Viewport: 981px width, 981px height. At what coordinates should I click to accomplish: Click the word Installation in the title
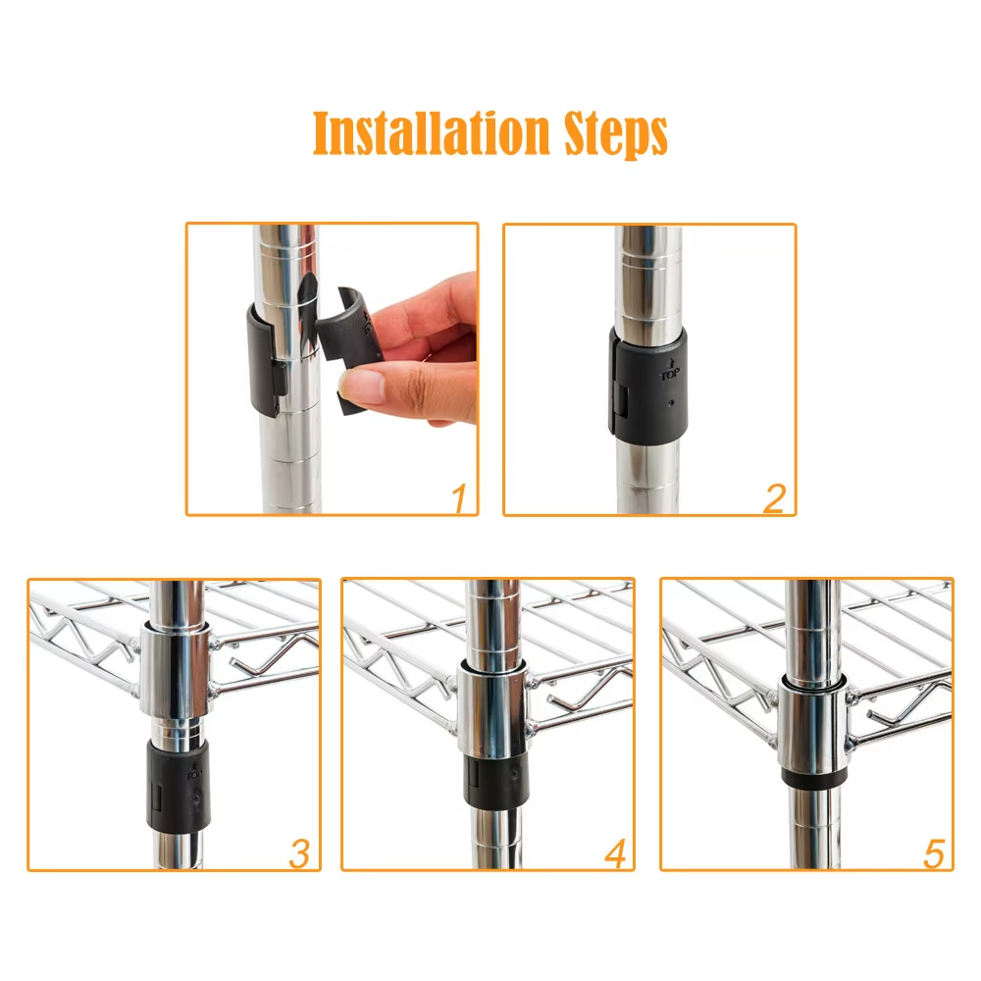click(x=431, y=132)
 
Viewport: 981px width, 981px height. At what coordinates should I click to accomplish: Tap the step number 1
click(x=460, y=497)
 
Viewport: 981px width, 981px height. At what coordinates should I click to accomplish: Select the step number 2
click(x=775, y=498)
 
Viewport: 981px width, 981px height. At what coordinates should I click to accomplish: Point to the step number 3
click(x=299, y=853)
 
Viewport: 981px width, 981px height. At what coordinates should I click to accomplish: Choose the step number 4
click(x=616, y=853)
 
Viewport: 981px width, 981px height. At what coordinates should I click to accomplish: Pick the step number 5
click(x=934, y=854)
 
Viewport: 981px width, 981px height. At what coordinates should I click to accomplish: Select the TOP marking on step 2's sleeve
click(x=670, y=371)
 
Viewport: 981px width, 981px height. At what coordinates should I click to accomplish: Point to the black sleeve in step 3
click(x=179, y=785)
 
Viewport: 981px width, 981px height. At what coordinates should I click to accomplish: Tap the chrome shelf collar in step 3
click(x=175, y=673)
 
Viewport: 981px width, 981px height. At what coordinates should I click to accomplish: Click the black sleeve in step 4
click(x=495, y=779)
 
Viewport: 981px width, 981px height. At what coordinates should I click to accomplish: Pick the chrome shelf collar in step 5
click(x=812, y=727)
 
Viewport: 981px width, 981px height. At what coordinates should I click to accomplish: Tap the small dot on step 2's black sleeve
click(x=671, y=403)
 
